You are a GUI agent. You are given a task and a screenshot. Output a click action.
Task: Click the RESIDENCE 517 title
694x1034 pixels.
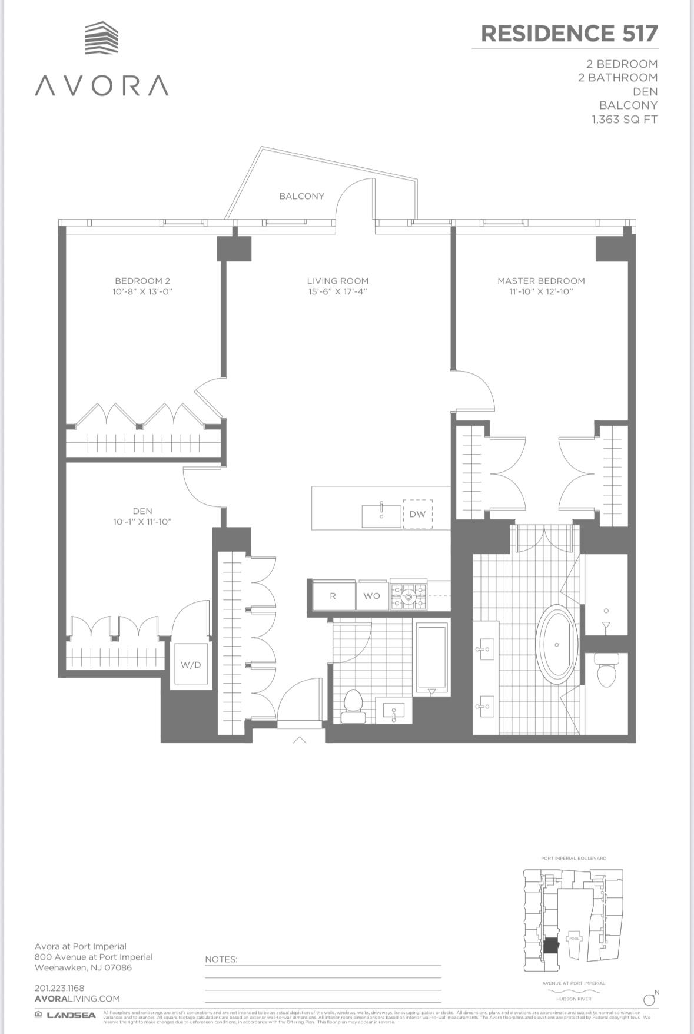click(569, 34)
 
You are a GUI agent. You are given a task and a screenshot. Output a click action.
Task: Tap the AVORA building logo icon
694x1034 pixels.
click(101, 38)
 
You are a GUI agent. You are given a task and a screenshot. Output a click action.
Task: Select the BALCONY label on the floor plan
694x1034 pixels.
click(301, 196)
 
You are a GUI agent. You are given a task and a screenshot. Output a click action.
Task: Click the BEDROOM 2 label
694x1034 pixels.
click(142, 281)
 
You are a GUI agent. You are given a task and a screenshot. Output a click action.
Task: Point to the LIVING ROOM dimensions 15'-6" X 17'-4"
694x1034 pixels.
click(337, 291)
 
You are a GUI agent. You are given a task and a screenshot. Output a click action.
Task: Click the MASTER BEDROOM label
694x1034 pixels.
click(541, 281)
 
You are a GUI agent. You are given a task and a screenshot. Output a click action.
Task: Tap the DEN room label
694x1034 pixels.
click(142, 511)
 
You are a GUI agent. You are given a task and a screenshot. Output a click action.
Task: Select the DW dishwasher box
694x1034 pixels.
click(417, 514)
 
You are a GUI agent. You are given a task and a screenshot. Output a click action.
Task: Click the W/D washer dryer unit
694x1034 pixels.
click(191, 665)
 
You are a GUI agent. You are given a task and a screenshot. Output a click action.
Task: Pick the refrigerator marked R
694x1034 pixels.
click(333, 596)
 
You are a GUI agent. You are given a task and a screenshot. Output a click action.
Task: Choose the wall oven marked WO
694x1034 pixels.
click(371, 596)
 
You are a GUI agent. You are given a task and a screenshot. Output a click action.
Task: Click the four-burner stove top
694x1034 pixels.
click(409, 595)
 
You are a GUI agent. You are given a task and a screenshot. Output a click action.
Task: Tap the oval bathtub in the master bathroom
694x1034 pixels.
click(556, 644)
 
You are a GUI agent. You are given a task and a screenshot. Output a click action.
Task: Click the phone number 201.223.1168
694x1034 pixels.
click(59, 988)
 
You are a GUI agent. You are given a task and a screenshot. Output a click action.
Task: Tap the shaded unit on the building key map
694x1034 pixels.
click(550, 946)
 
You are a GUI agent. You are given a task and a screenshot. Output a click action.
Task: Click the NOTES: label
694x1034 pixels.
click(221, 959)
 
